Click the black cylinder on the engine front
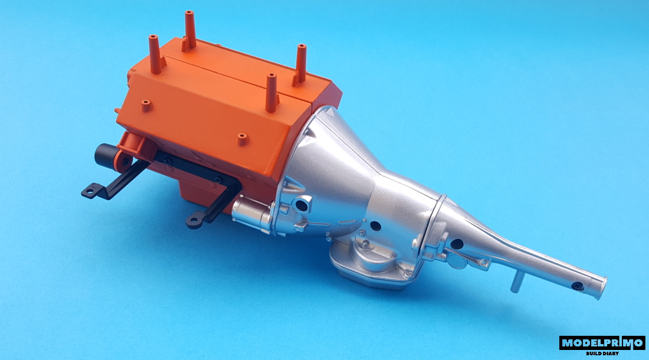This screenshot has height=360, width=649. [106, 156]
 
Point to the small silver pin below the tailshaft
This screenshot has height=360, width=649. [517, 282]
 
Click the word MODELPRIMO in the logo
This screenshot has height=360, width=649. [602, 343]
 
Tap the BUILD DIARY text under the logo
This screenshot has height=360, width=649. [602, 354]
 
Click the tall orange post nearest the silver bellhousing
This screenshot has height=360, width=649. [271, 93]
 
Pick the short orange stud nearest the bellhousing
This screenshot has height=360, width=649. [242, 139]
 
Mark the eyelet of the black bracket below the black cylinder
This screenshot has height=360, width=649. [90, 191]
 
